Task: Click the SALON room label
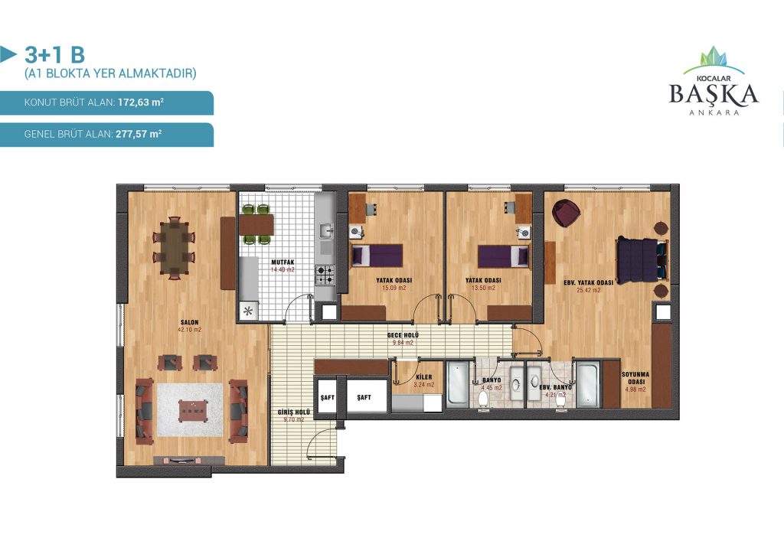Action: click(190, 322)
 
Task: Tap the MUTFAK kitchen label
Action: click(283, 262)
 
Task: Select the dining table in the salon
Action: click(174, 248)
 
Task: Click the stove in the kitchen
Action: click(325, 275)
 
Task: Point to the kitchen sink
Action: click(326, 231)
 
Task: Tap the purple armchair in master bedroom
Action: click(566, 212)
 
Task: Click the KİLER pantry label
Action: click(423, 377)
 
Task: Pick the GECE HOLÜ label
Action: click(403, 335)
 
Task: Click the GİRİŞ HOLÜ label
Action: click(294, 412)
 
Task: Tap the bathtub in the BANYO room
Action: click(458, 383)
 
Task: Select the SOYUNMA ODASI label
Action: click(635, 378)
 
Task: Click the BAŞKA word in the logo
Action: click(714, 94)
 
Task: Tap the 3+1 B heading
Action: click(54, 54)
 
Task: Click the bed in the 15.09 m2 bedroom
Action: click(377, 256)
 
